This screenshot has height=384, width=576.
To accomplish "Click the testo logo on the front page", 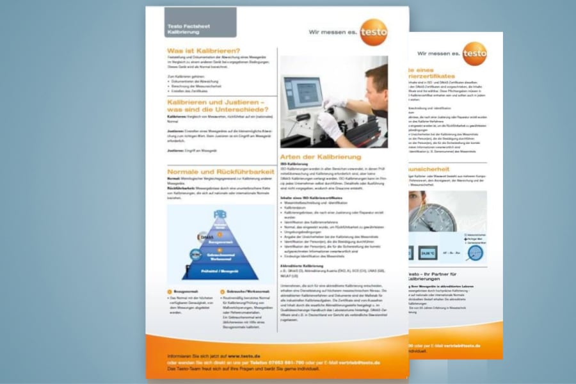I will (x=373, y=32).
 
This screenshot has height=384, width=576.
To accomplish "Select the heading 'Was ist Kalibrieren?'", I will (x=203, y=51).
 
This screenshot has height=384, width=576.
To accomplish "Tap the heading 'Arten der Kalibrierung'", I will (x=320, y=156).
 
